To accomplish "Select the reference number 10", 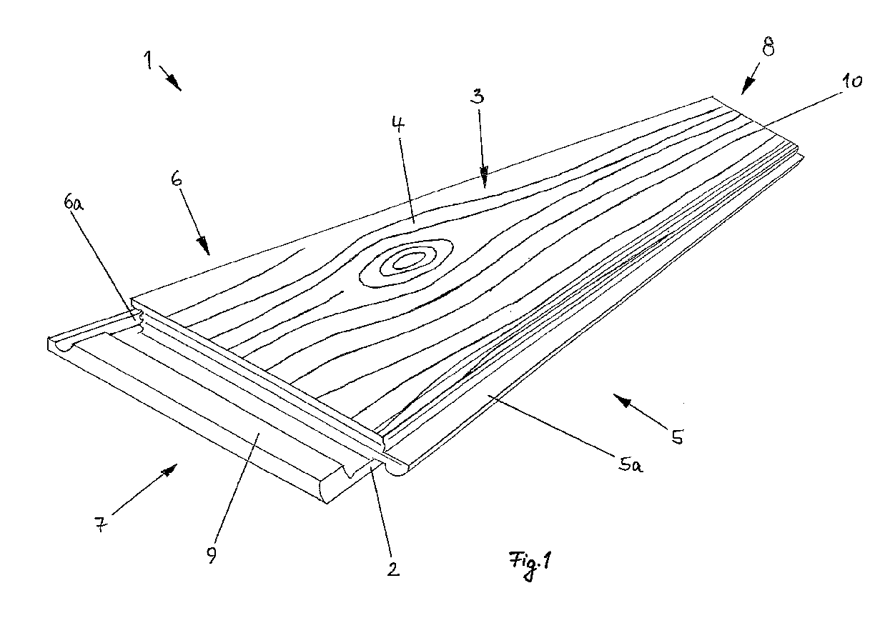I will click(853, 81).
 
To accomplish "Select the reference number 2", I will click(392, 569).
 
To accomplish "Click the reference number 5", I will click(675, 436).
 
